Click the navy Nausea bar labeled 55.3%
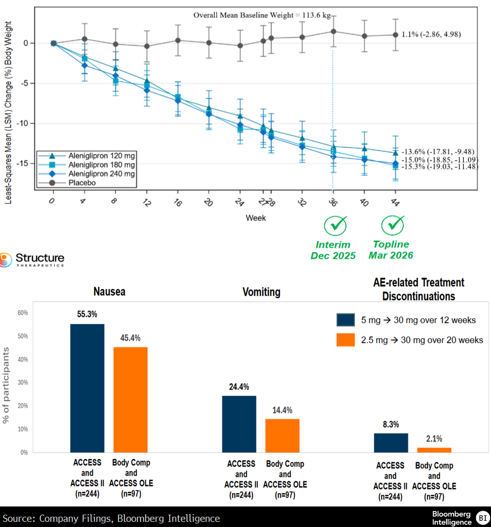point(87,388)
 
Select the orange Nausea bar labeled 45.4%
point(130,400)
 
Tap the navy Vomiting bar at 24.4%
point(239,424)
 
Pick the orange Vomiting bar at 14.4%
point(282,436)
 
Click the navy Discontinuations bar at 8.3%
point(391,443)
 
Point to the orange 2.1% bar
point(434,450)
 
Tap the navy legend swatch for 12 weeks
point(345,320)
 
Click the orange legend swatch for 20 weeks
point(345,340)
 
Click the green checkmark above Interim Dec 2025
point(335,225)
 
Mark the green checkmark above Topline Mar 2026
point(393,225)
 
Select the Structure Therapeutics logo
point(33,259)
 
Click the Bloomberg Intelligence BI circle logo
point(482,517)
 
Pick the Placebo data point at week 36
point(334,31)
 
